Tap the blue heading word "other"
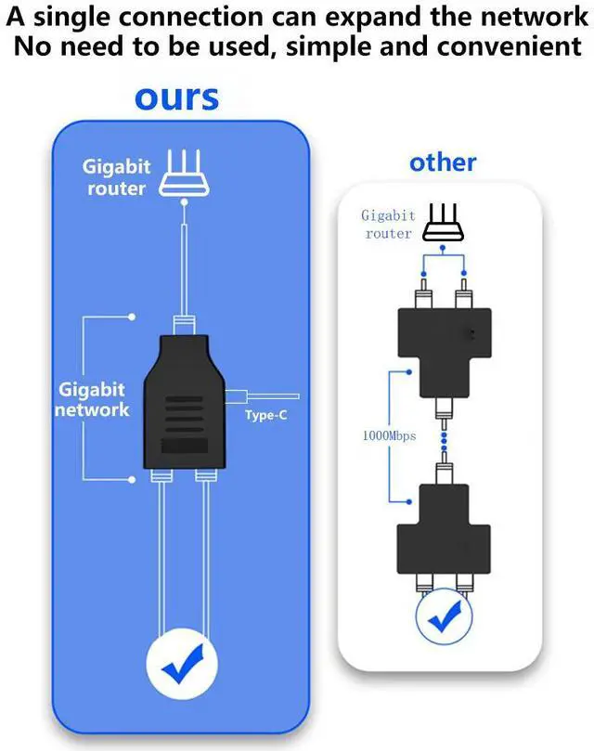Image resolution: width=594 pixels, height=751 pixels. coord(443,162)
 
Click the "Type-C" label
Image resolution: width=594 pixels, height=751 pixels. coord(266,415)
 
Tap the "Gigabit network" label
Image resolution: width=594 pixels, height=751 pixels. coord(92,398)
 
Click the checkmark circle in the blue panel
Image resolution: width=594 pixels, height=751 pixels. coord(182,663)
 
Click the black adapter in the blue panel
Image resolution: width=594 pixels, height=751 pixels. coord(184,402)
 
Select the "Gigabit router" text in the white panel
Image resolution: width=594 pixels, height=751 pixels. coord(388,225)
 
